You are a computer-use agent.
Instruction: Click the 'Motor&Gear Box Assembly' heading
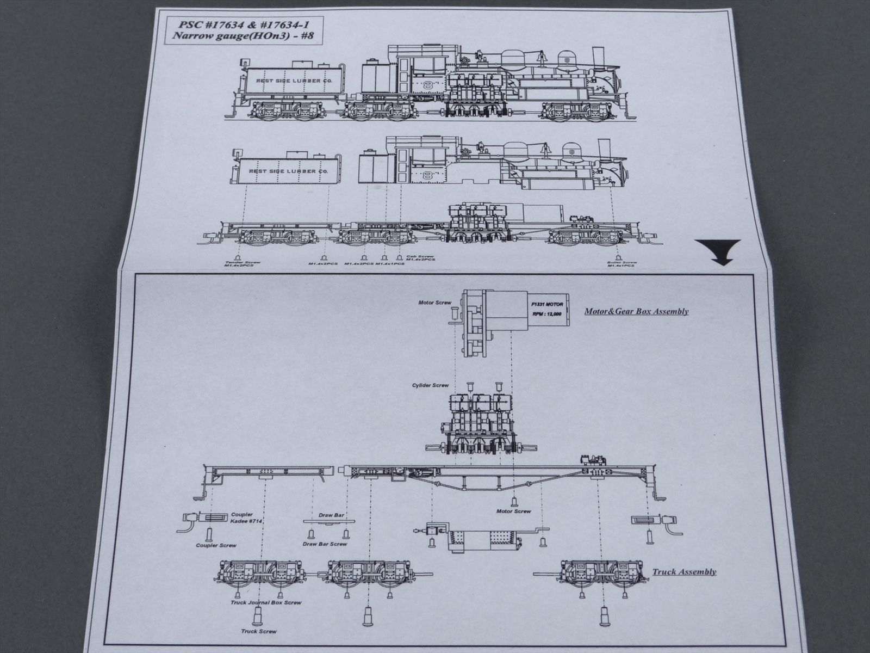coord(636,312)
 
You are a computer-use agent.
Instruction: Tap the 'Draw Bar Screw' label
coord(324,544)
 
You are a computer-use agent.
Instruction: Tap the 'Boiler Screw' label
coord(622,263)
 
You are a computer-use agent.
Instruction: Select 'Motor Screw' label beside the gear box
coord(433,302)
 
